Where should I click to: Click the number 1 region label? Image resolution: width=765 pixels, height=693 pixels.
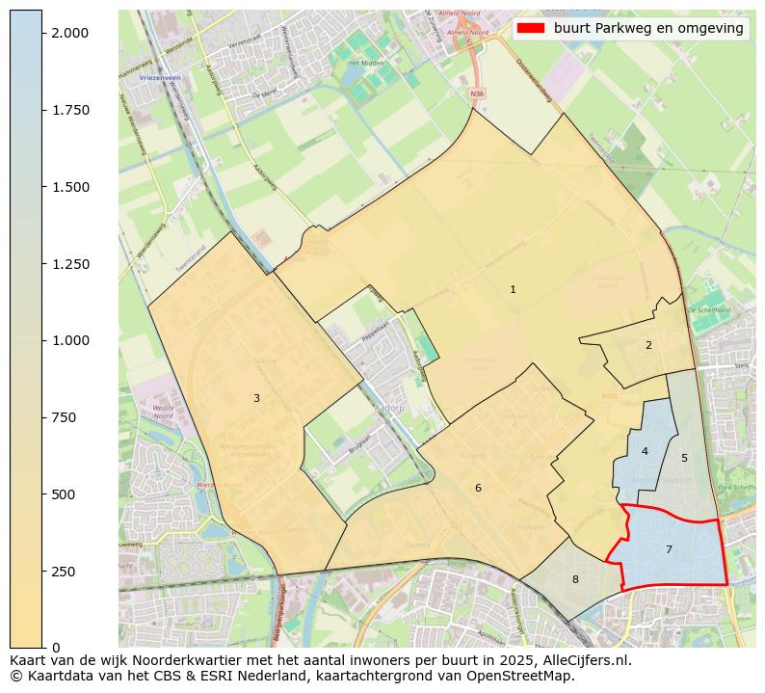tap(513, 289)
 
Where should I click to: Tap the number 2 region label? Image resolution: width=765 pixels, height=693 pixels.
tap(648, 345)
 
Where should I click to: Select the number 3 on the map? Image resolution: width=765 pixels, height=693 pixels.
tap(256, 398)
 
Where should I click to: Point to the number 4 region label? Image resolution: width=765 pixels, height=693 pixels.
tap(645, 451)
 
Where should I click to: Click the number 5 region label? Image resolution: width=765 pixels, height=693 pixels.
tap(684, 458)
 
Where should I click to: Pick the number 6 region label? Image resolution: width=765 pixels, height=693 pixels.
tap(478, 489)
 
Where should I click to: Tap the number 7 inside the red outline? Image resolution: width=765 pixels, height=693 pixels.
tap(669, 549)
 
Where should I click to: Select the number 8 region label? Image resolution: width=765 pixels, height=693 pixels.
tap(575, 579)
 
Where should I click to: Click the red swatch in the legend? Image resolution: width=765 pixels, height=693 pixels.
tap(531, 28)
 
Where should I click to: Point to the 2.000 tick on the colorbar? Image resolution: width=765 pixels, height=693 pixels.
tap(69, 33)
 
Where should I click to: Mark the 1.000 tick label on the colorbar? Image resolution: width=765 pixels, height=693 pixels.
tap(69, 340)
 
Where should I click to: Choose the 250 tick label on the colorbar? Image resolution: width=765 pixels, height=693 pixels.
tap(65, 572)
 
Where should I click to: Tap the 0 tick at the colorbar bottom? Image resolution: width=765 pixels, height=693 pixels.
tap(54, 648)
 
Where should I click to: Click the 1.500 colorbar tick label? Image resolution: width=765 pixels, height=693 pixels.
tap(69, 187)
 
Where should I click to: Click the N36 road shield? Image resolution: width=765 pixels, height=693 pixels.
tap(477, 93)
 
